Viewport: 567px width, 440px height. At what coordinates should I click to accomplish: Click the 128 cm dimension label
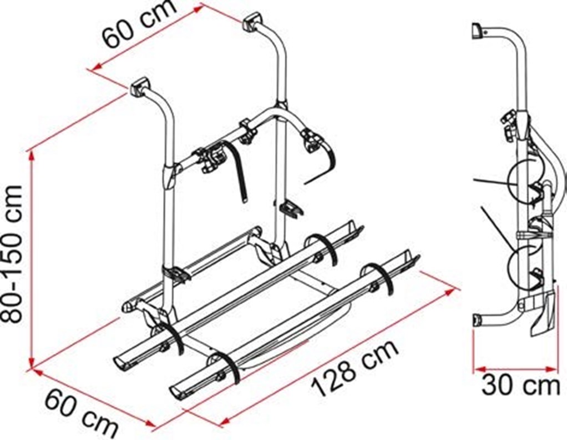point(356,368)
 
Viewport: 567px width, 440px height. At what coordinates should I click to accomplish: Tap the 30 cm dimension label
point(520,386)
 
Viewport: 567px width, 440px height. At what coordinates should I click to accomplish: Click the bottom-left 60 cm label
point(82,413)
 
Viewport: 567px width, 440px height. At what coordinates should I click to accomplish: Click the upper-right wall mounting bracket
point(252,22)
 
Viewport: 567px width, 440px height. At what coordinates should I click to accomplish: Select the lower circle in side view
point(525,266)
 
